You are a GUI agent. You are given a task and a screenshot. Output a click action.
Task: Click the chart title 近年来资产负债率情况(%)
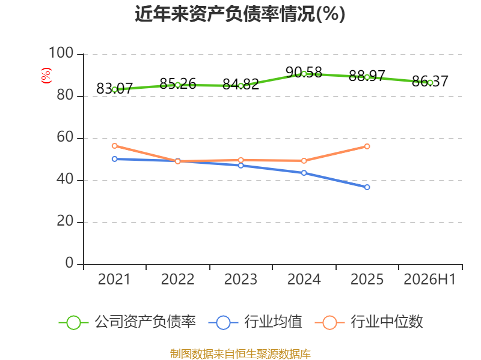click(240, 14)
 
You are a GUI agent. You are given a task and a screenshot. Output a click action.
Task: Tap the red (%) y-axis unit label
click(46, 76)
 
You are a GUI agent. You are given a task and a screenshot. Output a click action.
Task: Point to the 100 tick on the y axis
click(61, 53)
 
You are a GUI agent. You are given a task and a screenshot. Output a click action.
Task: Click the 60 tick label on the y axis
click(65, 137)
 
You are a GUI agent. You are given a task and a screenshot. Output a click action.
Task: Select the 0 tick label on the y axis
click(69, 263)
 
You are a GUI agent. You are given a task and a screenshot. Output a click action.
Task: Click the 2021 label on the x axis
click(114, 279)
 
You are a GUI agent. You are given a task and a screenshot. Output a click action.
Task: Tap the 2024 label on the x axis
click(304, 279)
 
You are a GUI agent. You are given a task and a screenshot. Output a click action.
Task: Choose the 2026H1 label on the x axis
click(429, 279)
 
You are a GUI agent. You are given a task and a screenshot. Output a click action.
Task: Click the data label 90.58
click(304, 72)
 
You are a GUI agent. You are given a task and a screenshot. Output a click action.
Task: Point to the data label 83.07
click(114, 88)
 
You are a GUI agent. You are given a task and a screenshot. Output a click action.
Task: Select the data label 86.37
click(430, 81)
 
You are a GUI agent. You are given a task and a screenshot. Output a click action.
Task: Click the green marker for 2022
click(177, 85)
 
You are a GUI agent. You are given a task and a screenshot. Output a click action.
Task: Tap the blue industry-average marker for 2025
click(367, 187)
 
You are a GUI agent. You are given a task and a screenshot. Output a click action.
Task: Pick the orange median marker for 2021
click(114, 146)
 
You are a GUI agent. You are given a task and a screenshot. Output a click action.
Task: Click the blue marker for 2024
click(304, 173)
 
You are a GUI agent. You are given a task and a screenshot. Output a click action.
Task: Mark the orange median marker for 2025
click(367, 146)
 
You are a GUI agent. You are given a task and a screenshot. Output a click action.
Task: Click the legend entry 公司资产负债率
click(127, 322)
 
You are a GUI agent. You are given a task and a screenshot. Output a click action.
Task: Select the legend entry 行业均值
click(255, 322)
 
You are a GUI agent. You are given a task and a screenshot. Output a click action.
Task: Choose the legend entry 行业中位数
click(369, 322)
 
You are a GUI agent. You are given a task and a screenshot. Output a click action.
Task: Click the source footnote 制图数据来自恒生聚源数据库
click(240, 353)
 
